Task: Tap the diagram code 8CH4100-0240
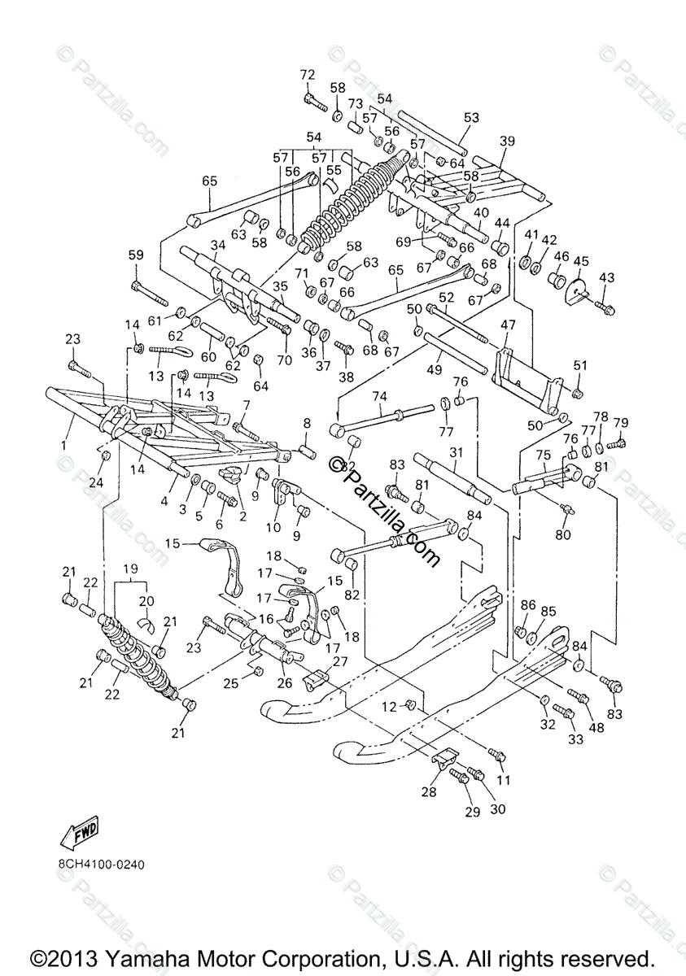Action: point(100,864)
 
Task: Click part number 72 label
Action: point(307,76)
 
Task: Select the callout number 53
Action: point(472,117)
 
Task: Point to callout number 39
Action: point(530,141)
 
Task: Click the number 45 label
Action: point(580,261)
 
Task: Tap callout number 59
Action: point(136,255)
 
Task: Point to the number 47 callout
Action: point(508,325)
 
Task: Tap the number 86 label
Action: point(528,605)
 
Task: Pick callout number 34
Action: point(217,245)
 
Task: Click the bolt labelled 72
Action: point(313,103)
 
